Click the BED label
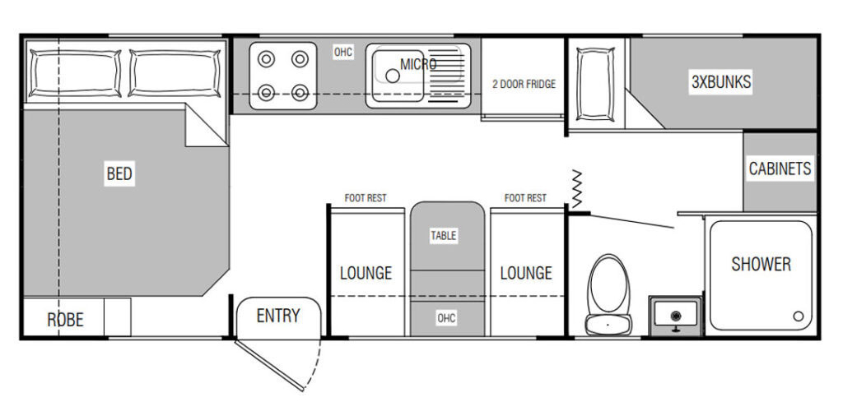tap(119, 173)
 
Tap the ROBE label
tap(65, 320)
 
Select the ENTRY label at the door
tap(278, 316)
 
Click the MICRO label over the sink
tap(418, 64)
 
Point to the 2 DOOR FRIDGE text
tap(524, 84)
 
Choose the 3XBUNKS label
tap(721, 82)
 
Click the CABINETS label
tap(780, 169)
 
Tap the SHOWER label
tap(761, 264)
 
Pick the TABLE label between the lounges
tap(444, 235)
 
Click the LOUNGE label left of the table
tap(366, 273)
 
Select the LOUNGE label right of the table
tap(526, 273)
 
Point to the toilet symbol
tap(608, 294)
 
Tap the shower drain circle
tap(799, 316)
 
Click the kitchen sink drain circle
tap(393, 76)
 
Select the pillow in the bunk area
tap(595, 84)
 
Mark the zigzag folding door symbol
tap(576, 189)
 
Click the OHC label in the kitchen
tap(343, 52)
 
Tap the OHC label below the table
tap(446, 318)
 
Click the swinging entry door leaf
tap(269, 364)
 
